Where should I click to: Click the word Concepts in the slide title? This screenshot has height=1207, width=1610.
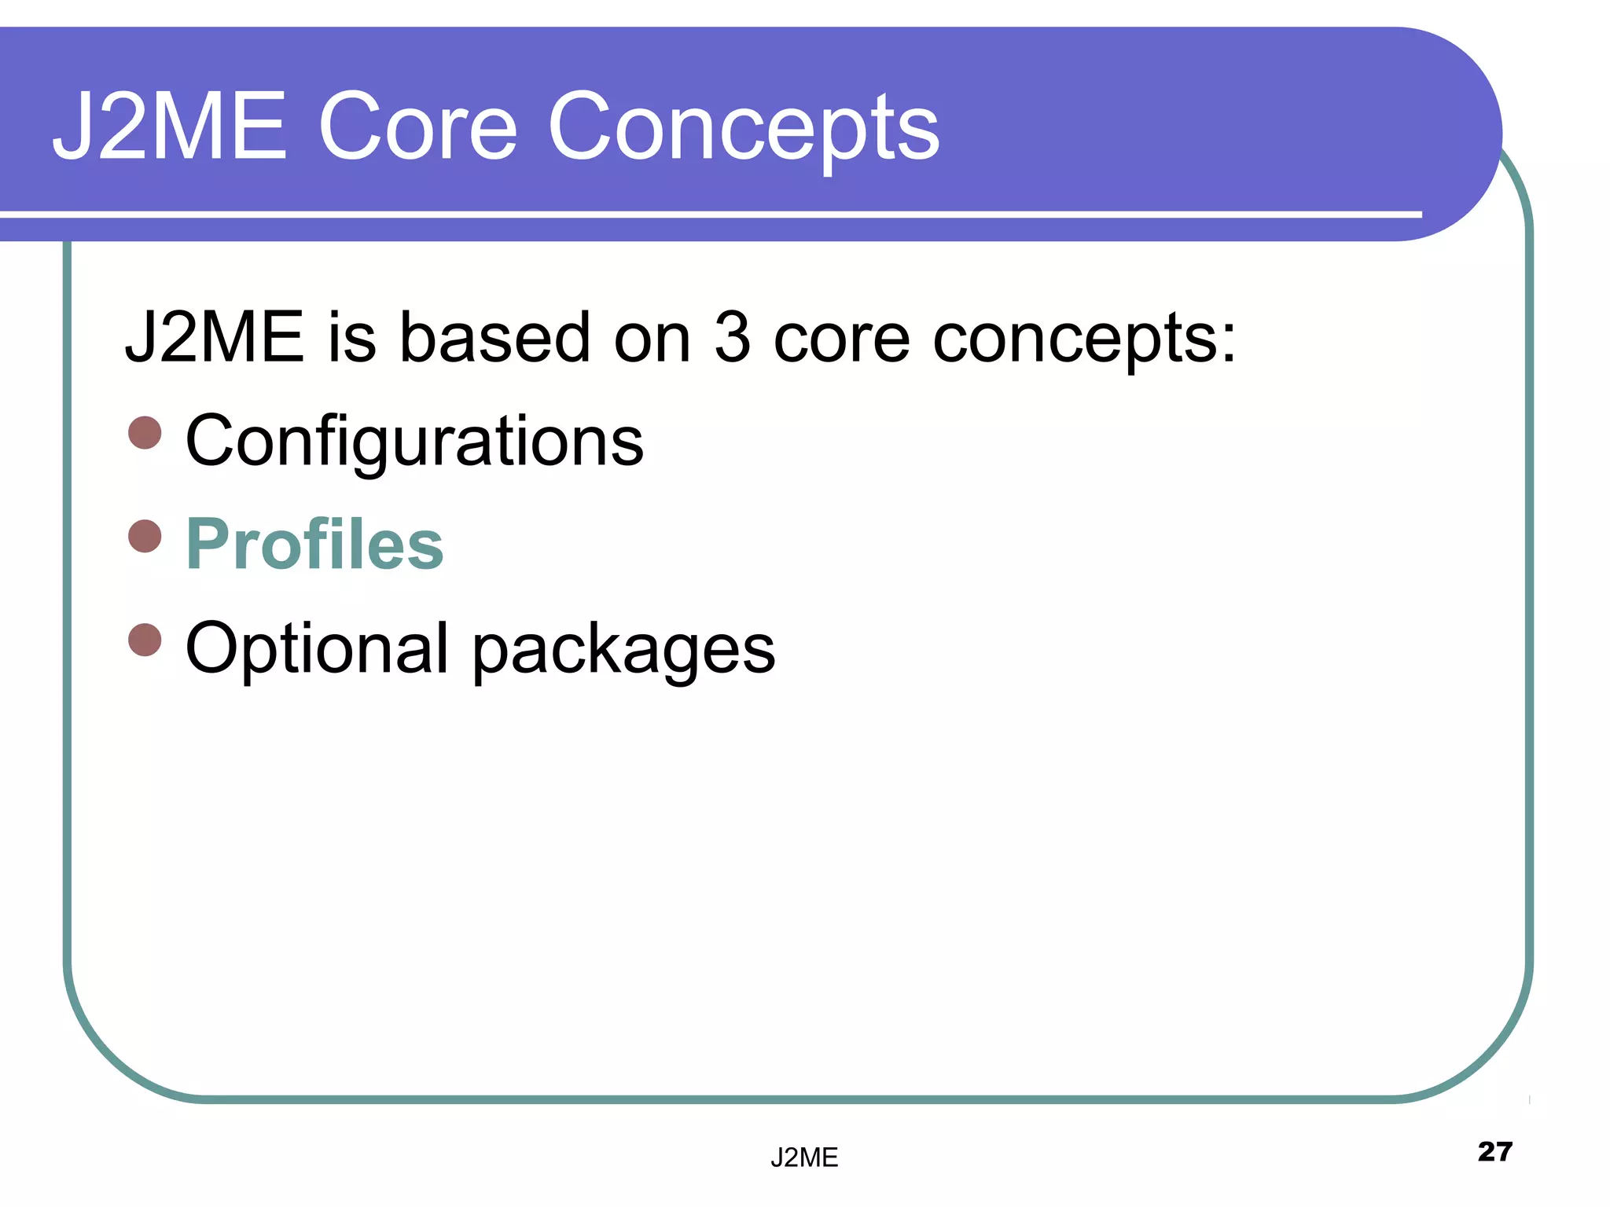pos(743,130)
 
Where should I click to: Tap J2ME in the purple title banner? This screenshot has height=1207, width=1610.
pos(169,127)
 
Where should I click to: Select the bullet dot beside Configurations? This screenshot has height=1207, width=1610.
pos(145,433)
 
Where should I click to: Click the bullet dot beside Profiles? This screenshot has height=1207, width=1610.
pos(145,537)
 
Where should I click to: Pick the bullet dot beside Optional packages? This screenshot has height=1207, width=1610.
pos(145,640)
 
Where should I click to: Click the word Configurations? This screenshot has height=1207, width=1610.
pos(414,442)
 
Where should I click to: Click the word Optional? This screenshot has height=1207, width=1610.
pos(317,648)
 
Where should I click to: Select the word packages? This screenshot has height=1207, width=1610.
pos(623,652)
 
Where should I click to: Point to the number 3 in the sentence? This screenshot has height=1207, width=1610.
pos(731,338)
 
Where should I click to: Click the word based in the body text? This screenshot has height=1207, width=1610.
pos(494,338)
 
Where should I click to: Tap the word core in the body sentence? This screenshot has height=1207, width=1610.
pos(841,340)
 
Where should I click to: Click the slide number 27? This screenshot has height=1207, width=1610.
pos(1494,1152)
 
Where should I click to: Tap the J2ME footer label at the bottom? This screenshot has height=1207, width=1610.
pos(804,1157)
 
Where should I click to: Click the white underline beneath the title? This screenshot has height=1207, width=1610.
pos(708,214)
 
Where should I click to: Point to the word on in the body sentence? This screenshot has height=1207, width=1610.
pos(652,340)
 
